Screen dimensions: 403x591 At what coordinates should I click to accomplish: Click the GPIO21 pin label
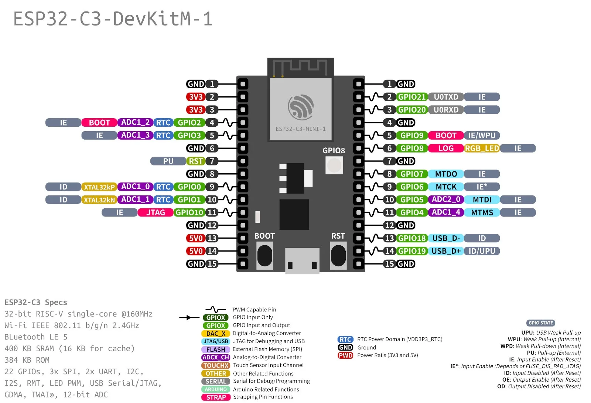412,97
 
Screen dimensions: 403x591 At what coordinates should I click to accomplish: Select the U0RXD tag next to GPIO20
446,110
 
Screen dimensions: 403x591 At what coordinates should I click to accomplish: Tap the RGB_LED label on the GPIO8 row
482,148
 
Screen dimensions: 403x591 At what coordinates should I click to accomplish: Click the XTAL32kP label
99,187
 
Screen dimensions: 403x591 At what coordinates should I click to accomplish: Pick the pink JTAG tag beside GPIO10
155,212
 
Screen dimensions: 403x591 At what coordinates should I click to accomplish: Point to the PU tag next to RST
168,161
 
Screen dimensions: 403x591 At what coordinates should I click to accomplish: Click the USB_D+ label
446,251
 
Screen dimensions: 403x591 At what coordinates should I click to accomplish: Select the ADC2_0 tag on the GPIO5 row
446,199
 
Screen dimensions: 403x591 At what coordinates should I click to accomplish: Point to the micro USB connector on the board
302,260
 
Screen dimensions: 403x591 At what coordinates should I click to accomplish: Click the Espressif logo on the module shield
301,107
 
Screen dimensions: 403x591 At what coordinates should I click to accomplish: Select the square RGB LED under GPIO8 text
334,165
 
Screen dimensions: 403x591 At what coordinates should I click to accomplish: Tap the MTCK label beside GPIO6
446,187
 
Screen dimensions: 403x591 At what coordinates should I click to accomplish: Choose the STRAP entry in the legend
216,397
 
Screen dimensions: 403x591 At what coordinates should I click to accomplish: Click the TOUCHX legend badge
216,365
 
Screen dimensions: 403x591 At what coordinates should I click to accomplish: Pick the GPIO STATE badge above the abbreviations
540,323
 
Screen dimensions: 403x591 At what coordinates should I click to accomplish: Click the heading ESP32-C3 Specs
36,302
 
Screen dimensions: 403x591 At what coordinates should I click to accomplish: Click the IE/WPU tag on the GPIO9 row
482,135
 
